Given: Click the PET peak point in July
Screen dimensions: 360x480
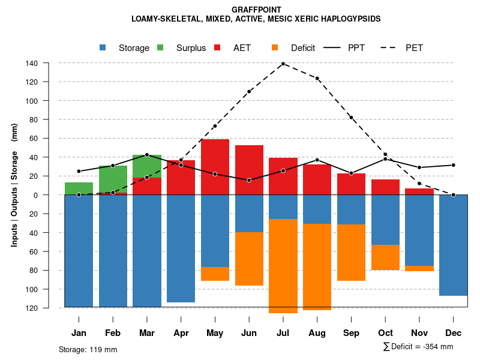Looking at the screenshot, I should point(283,64).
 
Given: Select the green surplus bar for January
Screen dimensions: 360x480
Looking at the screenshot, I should point(79,188).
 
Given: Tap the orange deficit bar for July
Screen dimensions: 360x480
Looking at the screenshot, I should point(283,266).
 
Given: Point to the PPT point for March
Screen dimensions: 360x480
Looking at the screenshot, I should point(147,155).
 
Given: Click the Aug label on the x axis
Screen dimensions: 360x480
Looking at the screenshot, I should point(317,333).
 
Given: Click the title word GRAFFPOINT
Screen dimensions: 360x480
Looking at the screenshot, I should point(256,10).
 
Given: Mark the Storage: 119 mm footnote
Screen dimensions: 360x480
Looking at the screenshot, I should point(88,349).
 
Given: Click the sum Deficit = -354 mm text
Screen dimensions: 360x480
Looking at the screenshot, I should point(418,347).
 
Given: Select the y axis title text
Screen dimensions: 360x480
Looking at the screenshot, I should point(14,185).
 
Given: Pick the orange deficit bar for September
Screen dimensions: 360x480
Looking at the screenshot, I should point(351,252).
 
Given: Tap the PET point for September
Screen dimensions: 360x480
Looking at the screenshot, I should point(351,118).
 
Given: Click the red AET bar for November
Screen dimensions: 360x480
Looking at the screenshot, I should point(419,191).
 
